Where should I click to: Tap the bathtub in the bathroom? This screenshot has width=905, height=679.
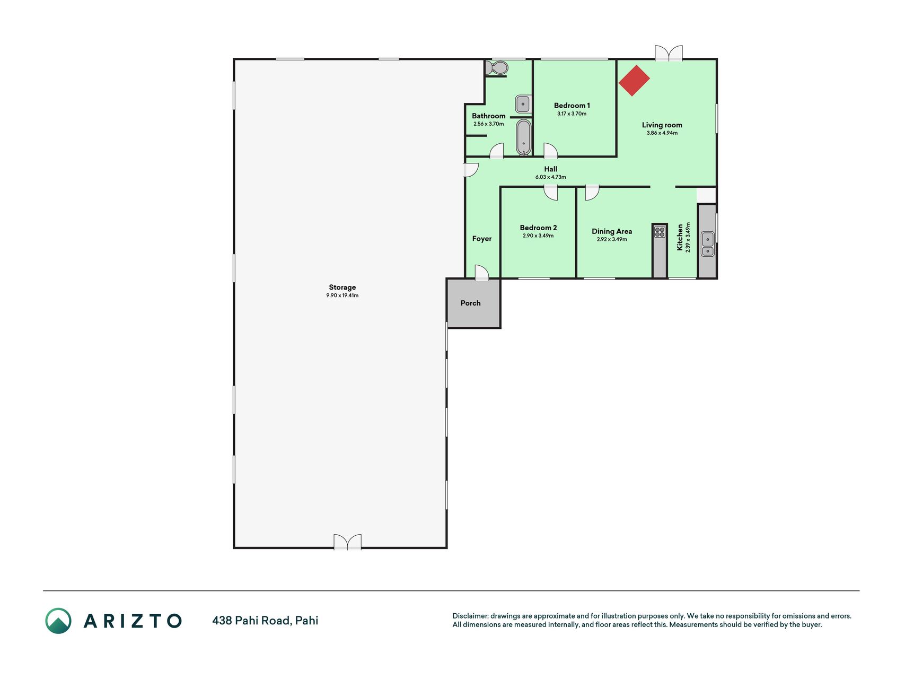coord(524,137)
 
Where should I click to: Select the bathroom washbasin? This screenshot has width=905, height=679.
coord(523,104)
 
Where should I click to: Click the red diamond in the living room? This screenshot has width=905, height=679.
coord(634,80)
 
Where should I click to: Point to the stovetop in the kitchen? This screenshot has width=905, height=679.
coord(660,232)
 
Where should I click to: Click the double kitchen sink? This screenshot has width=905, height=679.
coord(708,244)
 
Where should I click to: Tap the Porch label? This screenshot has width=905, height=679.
coord(471,303)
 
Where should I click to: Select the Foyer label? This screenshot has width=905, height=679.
coord(482,239)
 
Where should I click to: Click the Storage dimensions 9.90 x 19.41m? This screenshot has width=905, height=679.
coord(342,295)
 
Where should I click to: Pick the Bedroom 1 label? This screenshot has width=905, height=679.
coord(572,106)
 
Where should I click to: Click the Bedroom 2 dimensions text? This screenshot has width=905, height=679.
coord(538,236)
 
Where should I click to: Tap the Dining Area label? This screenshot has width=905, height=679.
coord(612,231)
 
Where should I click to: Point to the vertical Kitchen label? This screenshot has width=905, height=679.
coord(680,237)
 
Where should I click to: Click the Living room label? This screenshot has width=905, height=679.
coord(662,125)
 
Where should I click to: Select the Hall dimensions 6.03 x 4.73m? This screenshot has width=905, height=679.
coord(551,177)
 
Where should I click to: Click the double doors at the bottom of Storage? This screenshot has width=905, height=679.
coord(347,542)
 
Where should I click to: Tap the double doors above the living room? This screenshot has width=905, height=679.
coord(669,53)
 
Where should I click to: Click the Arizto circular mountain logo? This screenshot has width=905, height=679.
coord(58,621)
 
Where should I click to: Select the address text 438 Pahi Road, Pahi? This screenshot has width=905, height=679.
coord(265,621)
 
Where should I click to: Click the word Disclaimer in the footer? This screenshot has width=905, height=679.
coord(470,616)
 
